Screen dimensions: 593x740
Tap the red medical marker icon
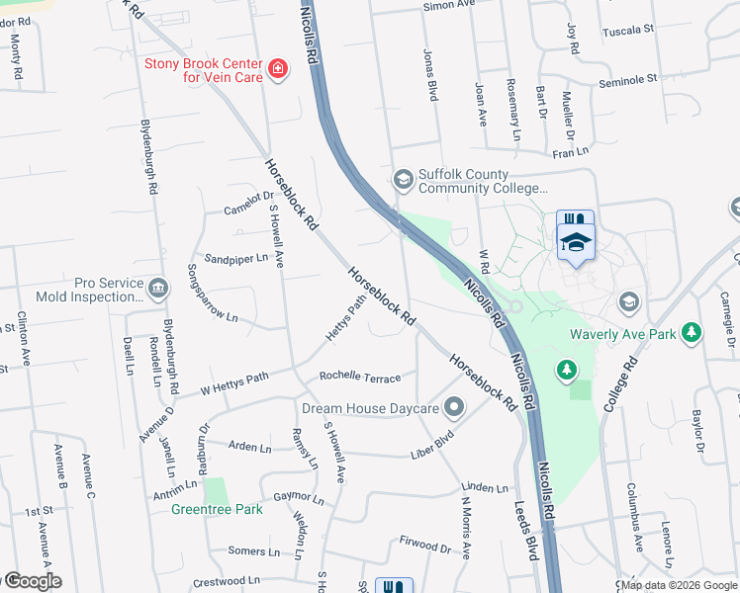pos(280,68)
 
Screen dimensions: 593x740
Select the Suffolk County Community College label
pos(482,181)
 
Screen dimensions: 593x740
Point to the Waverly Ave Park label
pos(622,334)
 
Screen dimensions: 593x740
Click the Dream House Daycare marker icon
pos(454,406)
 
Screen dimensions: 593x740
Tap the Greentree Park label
pos(217,509)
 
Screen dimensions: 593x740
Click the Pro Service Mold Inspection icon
pos(157,289)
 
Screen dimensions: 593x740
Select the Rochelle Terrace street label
pos(360,378)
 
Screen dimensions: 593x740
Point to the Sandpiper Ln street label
pos(236,258)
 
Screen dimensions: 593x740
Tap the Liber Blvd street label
pos(432,443)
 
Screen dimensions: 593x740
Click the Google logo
pos(32,581)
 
